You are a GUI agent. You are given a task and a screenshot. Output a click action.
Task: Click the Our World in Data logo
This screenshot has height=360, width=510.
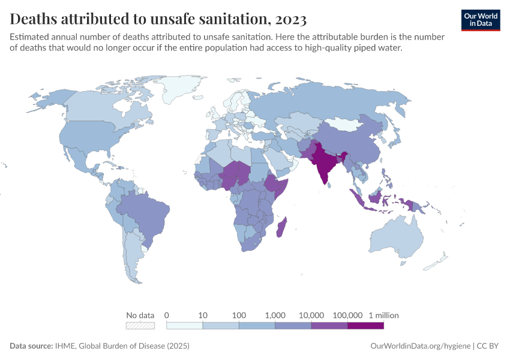[480, 20]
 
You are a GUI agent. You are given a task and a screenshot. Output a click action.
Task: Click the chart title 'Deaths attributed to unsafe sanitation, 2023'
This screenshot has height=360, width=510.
[158, 19]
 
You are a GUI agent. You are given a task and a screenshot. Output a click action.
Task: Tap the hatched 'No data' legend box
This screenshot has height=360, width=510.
[140, 326]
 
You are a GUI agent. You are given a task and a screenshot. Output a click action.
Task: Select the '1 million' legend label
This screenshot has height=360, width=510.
[383, 315]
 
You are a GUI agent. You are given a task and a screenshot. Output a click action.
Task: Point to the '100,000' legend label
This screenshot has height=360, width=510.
[347, 315]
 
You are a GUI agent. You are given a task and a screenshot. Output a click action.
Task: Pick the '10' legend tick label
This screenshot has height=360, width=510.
[203, 315]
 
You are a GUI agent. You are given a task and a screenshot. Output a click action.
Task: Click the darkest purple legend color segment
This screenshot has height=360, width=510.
[365, 326]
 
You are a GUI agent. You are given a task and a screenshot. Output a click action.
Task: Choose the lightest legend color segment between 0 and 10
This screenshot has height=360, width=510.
[184, 326]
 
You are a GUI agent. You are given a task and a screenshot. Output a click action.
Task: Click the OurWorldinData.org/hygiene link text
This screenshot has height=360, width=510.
[420, 346]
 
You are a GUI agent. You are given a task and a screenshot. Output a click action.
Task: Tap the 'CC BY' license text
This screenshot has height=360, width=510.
[489, 346]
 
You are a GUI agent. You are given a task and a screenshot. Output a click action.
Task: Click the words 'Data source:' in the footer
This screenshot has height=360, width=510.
[31, 346]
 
